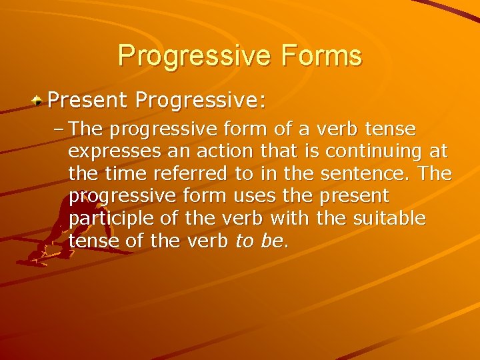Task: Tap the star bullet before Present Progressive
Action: pos(39,101)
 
